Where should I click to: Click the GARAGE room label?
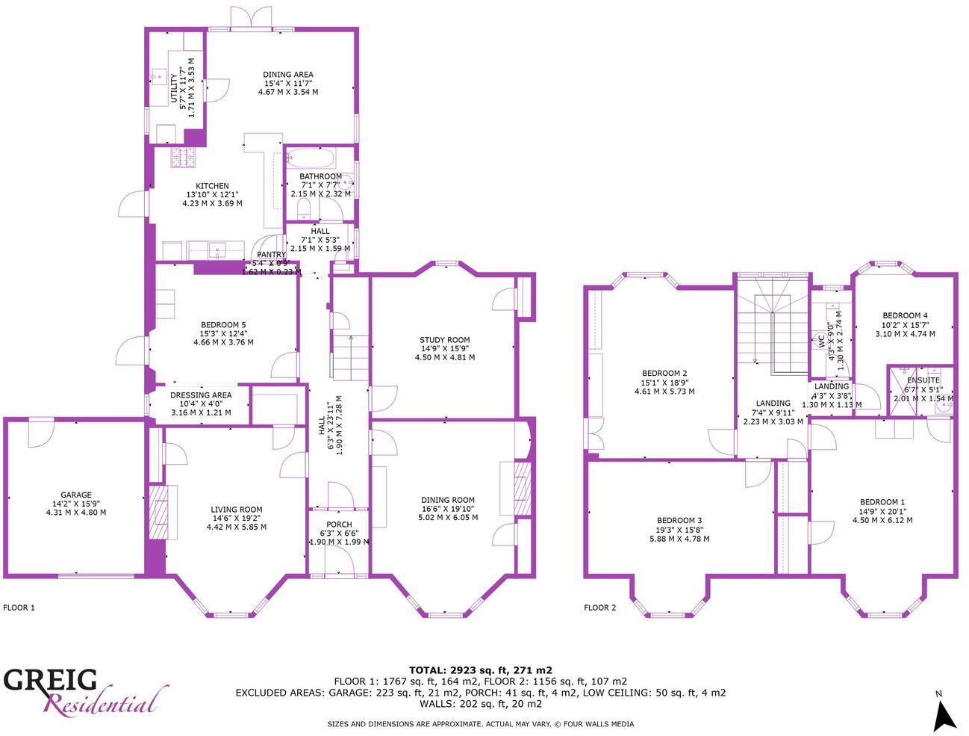click(75, 495)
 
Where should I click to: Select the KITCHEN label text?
click(212, 186)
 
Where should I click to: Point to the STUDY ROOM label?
click(444, 340)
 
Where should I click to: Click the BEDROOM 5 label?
click(222, 325)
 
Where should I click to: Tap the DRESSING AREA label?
click(201, 395)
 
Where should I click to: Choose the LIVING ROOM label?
click(236, 510)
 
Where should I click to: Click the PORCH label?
click(339, 525)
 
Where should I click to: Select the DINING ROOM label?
click(447, 500)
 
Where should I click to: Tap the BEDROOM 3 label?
click(679, 521)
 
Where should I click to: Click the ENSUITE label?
click(923, 380)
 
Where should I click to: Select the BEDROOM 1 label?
click(882, 502)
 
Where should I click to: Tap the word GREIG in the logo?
click(50, 681)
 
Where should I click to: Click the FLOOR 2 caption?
click(599, 607)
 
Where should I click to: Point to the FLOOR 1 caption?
click(19, 607)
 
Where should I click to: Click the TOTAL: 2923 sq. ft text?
click(480, 670)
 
